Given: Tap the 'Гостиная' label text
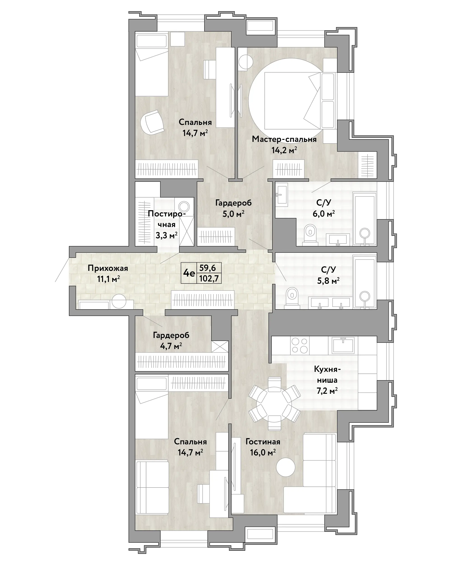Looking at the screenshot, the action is (x=263, y=442).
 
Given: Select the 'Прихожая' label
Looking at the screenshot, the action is (x=108, y=268).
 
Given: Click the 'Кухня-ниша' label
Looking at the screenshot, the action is (x=327, y=375).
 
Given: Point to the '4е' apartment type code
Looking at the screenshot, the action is (x=189, y=273).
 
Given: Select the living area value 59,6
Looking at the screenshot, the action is (x=208, y=267).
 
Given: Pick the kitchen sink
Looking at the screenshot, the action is (x=343, y=345).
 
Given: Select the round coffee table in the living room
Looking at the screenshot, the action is (x=286, y=467).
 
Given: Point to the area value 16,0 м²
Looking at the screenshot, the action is (x=263, y=452).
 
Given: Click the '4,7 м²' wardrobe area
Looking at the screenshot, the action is (x=171, y=346).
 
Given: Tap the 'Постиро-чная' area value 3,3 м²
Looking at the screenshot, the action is (x=166, y=235).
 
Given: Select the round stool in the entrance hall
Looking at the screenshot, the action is (x=119, y=301).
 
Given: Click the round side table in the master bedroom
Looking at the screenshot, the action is (x=246, y=62).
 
